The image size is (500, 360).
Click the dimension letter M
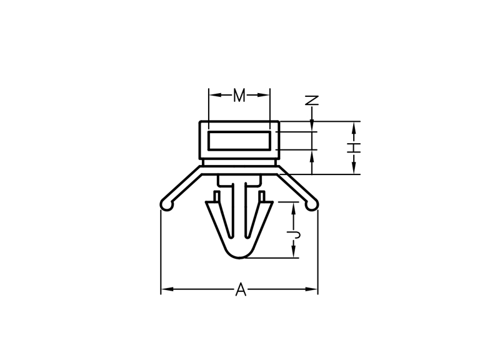tap(239, 96)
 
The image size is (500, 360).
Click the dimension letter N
tap(312, 101)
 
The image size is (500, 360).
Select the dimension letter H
tap(354, 148)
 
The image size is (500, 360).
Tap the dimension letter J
tap(294, 236)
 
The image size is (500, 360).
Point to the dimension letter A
tap(241, 289)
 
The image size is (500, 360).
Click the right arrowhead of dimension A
tap(311, 289)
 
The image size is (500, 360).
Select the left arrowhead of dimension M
tap(215, 95)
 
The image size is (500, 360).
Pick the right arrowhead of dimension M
tap(263, 95)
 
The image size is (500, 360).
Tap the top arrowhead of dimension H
tap(354, 128)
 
